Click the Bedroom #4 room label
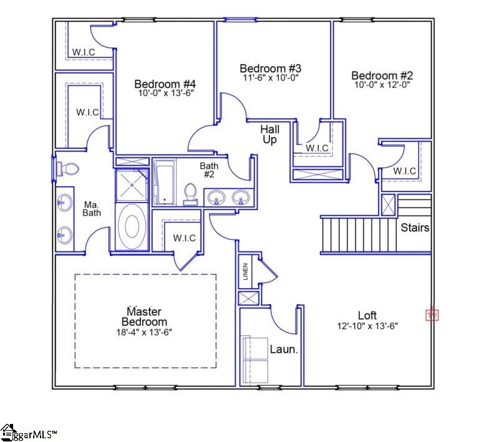pos(165,84)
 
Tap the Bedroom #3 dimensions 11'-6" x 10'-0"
pos(271,78)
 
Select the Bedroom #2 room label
pos(382,75)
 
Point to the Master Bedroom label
pos(144,316)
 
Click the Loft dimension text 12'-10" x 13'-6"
pos(367,325)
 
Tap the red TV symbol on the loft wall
pos(432,315)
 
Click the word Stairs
pos(415,228)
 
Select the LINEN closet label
pos(246,272)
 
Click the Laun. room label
pos(284,349)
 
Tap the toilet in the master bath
pos(68,168)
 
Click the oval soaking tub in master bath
pos(132,227)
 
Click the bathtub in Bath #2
pos(164,182)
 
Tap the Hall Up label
pos(269,135)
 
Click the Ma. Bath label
pos(92,208)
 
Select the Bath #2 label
pos(209,170)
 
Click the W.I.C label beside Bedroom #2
pos(405,171)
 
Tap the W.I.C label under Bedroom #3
pos(317,148)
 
